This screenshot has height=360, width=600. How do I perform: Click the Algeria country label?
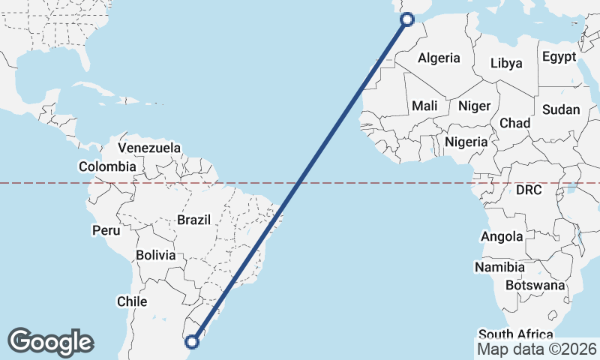(439, 58)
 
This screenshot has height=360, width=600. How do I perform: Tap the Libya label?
(506, 63)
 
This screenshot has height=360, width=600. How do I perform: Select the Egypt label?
(559, 57)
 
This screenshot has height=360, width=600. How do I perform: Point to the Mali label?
(424, 106)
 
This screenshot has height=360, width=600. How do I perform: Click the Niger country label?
(473, 106)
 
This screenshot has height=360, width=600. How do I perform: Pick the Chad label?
(514, 123)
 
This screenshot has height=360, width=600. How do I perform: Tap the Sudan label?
(561, 109)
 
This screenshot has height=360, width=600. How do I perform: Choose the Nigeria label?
(466, 141)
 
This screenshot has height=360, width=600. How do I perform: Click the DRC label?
(529, 190)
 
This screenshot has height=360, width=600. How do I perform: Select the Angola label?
(502, 237)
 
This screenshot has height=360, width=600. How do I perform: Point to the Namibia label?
(499, 267)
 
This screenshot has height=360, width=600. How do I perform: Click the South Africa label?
(515, 334)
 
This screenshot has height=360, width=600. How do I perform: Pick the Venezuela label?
(150, 148)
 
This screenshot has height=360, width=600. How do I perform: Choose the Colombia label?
(108, 166)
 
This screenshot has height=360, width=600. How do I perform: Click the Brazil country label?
(194, 220)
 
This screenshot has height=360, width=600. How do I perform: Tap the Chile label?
(131, 301)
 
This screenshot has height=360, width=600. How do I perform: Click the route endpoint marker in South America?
(191, 342)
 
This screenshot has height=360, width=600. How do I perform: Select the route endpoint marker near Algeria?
(408, 19)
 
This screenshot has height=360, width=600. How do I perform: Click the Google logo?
(50, 342)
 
